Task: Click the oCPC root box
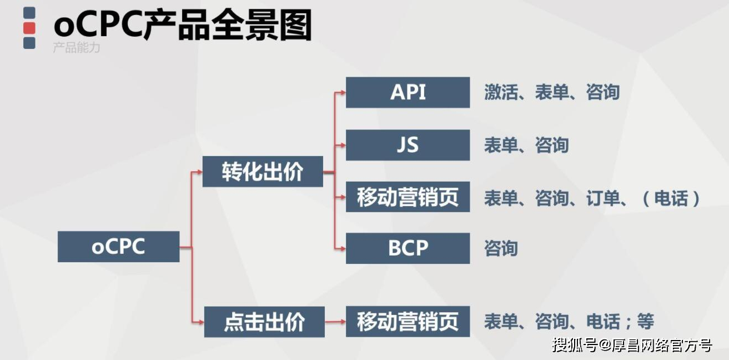click(118, 247)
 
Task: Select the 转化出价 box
click(263, 172)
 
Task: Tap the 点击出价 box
click(264, 322)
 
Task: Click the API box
click(408, 92)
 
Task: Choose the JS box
click(408, 146)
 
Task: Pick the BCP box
click(408, 248)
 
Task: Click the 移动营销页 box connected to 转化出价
click(408, 197)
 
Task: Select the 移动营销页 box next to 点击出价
click(408, 321)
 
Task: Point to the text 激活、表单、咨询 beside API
click(551, 92)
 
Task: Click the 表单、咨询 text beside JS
click(526, 146)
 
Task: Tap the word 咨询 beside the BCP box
click(501, 248)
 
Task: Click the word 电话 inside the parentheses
click(671, 198)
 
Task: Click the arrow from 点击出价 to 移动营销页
click(335, 321)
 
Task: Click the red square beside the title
click(29, 27)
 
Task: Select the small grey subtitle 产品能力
click(77, 48)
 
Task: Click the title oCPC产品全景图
click(183, 26)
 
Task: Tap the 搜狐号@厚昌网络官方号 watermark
click(632, 345)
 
